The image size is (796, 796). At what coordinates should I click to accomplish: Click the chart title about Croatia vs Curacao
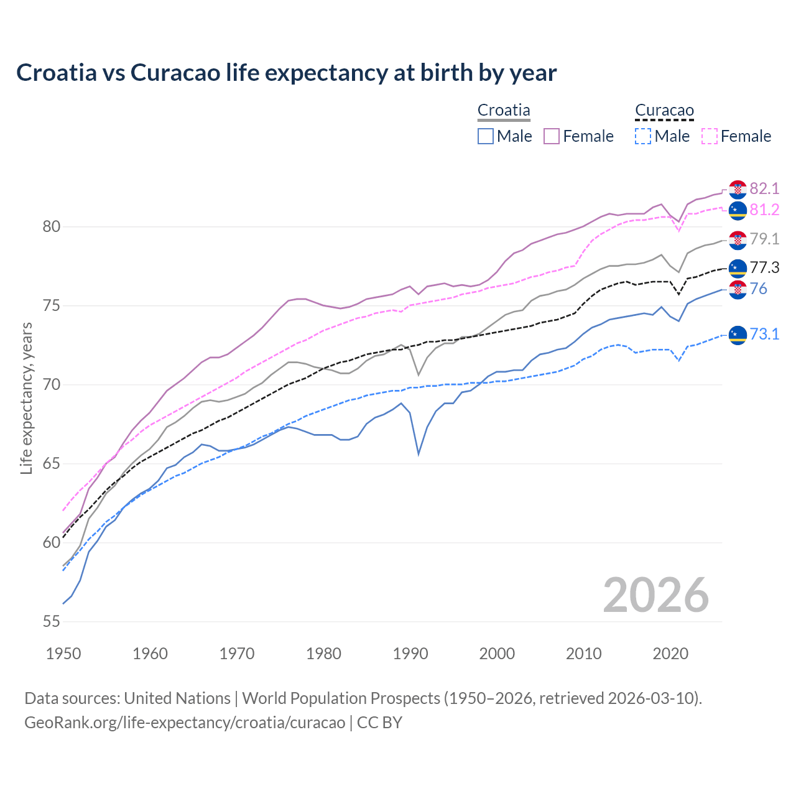(286, 73)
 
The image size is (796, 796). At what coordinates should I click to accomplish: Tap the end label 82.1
(764, 188)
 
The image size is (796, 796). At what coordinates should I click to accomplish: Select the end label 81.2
(764, 210)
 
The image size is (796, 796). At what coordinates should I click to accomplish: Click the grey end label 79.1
(764, 239)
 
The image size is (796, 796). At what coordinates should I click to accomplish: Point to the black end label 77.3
(764, 267)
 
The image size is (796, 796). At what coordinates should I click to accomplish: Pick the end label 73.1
(764, 334)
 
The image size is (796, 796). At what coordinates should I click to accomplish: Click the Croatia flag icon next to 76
(738, 289)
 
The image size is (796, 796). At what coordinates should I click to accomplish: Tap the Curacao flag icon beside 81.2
(738, 210)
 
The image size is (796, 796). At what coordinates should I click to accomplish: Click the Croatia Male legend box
(486, 136)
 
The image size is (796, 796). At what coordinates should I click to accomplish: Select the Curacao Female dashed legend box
(709, 136)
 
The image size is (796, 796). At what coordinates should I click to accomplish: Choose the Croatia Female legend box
(552, 136)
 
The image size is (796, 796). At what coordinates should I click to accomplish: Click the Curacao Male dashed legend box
(643, 136)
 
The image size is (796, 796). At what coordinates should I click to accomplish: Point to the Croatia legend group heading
(504, 111)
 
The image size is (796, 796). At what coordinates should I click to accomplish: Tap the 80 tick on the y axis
(52, 227)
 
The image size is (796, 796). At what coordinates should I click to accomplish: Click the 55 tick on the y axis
(52, 621)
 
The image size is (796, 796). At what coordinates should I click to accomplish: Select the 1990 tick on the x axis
(410, 654)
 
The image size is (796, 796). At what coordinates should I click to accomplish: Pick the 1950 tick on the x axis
(63, 654)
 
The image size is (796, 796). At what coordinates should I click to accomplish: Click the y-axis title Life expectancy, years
(27, 398)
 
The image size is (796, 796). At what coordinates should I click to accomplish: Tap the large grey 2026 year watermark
(655, 595)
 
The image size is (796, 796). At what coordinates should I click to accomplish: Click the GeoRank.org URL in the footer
(185, 723)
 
